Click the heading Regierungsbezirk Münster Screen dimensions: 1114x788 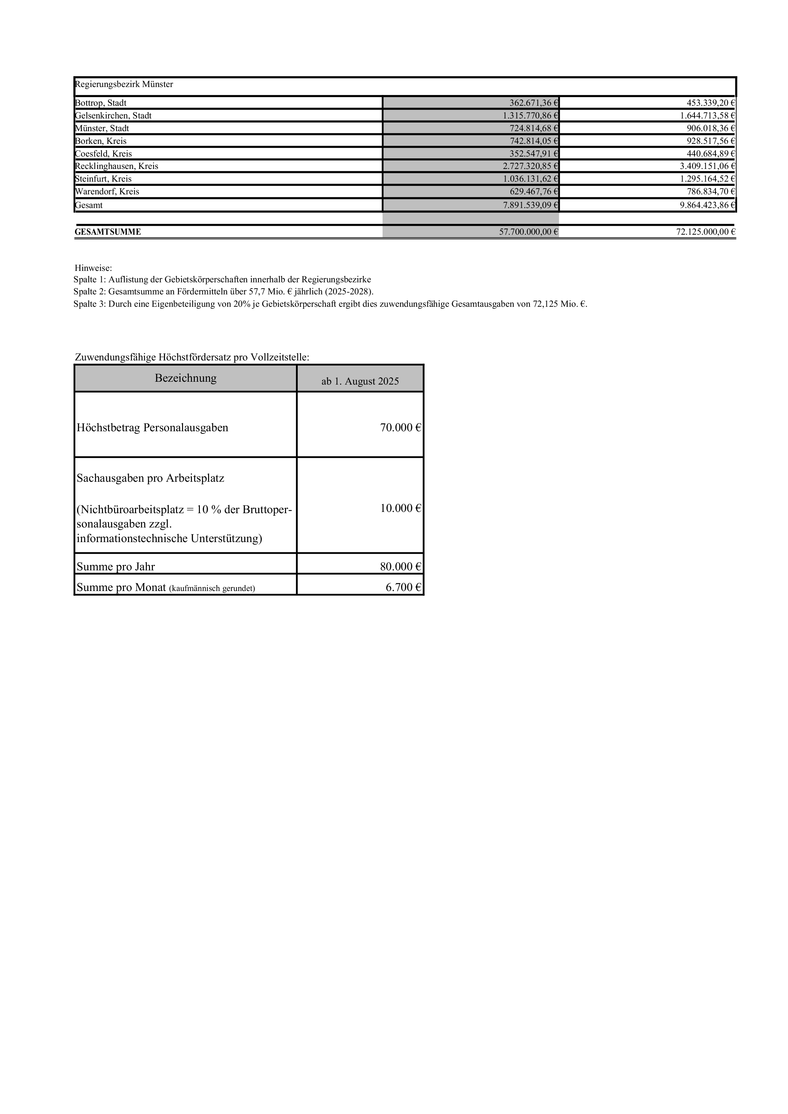click(x=124, y=84)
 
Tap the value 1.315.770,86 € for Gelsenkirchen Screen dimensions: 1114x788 click(x=530, y=116)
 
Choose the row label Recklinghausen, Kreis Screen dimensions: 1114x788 click(x=117, y=166)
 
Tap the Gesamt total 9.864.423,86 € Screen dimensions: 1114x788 click(x=707, y=205)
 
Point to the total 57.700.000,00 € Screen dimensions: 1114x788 click(x=529, y=232)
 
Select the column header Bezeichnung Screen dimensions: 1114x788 click(x=186, y=378)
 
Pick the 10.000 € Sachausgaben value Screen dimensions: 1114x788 click(x=400, y=508)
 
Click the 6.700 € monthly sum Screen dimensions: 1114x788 click(x=403, y=587)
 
